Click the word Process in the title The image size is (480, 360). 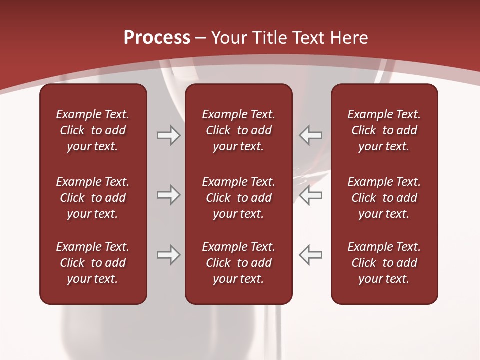tap(157, 37)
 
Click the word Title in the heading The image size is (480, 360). tap(270, 37)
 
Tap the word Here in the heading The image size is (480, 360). tap(349, 37)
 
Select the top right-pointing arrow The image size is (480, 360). tap(169, 135)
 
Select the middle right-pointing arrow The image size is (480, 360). tap(169, 195)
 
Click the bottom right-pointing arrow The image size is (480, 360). tap(169, 255)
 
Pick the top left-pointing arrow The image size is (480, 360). tap(310, 135)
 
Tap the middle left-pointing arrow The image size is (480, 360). tap(310, 195)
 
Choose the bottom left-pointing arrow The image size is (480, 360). tap(310, 255)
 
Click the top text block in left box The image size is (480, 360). tap(93, 130)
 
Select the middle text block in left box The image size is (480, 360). tap(93, 198)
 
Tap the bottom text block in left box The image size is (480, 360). tap(93, 263)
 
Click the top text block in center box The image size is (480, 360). tap(238, 130)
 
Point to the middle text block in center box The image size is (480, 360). tap(238, 198)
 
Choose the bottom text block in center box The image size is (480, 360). tap(238, 263)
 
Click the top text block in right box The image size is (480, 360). tap(384, 130)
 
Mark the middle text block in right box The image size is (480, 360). tap(384, 198)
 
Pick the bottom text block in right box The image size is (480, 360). tap(384, 263)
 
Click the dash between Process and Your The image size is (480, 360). tap(201, 38)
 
